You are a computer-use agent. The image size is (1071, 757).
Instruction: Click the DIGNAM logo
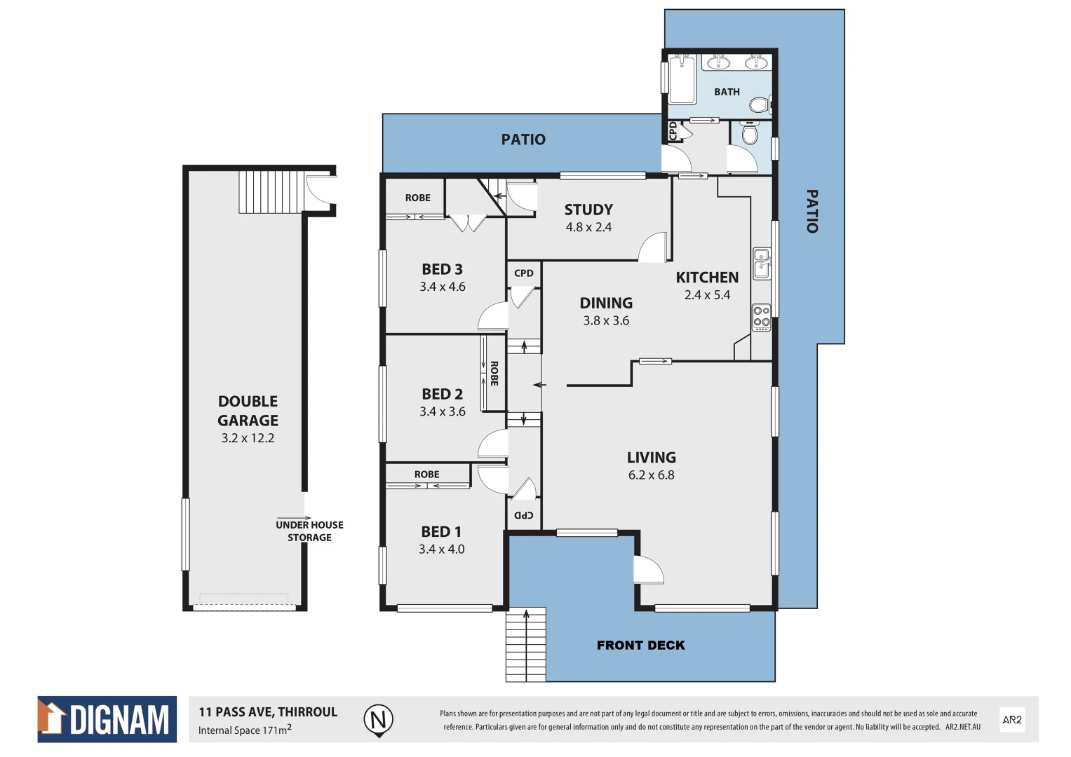tap(107, 719)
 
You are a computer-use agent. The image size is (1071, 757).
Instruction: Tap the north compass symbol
tap(378, 720)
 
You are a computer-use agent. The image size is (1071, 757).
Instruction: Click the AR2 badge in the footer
tap(1011, 720)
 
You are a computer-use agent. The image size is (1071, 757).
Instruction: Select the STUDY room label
tap(588, 210)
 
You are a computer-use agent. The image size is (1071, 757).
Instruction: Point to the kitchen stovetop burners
tap(761, 317)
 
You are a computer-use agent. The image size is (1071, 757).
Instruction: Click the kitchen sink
tap(761, 264)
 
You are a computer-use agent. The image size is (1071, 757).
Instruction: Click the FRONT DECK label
tap(640, 646)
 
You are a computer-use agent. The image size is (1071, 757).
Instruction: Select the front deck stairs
tap(525, 645)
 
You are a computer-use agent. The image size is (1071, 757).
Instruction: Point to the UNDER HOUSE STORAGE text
tap(309, 531)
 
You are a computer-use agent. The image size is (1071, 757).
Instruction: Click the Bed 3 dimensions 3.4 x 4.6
tap(442, 287)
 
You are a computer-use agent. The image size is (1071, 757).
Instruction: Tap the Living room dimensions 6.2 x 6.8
tap(651, 475)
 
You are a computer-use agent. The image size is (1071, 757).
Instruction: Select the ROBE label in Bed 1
tap(426, 475)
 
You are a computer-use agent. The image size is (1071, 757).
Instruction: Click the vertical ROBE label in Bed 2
tap(494, 373)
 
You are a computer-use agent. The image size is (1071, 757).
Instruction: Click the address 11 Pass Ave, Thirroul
tap(268, 712)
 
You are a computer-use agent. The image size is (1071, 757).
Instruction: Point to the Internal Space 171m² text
tap(245, 730)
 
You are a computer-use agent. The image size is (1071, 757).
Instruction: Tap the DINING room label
tap(606, 303)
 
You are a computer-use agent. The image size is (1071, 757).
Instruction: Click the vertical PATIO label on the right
tap(811, 211)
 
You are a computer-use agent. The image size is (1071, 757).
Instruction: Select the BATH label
tap(727, 92)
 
